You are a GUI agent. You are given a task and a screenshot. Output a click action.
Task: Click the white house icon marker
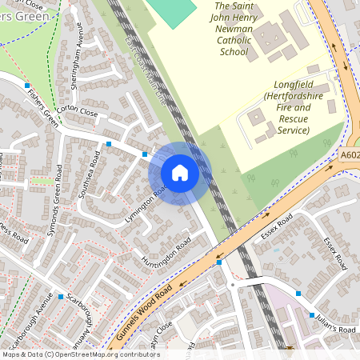pyautogui.click(x=180, y=172)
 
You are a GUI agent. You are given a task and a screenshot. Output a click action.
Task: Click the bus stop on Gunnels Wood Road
pyautogui.click(x=219, y=262)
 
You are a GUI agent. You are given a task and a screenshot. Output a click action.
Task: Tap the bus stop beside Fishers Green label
pyautogui.click(x=27, y=85)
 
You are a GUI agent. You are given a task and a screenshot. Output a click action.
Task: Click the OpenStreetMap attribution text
pyautogui.click(x=80, y=354)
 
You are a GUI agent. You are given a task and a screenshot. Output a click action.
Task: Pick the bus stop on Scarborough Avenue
pyautogui.click(x=60, y=296)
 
